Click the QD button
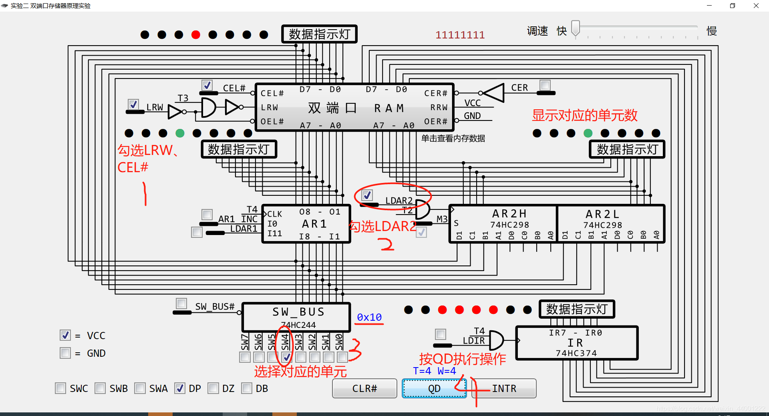tap(434, 388)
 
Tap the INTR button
tap(504, 388)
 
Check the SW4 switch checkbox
tap(286, 357)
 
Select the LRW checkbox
tap(133, 105)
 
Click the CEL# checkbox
tap(207, 85)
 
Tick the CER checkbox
tap(545, 85)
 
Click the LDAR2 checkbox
tap(367, 195)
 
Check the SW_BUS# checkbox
tap(181, 303)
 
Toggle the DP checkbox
tap(180, 388)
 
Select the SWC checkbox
tap(60, 388)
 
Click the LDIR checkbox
tap(441, 334)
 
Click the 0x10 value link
tap(369, 317)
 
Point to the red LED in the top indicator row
tap(196, 35)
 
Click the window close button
tap(756, 6)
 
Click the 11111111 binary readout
tap(460, 35)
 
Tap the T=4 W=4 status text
tap(434, 371)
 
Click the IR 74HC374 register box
tap(577, 343)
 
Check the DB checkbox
tap(247, 388)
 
